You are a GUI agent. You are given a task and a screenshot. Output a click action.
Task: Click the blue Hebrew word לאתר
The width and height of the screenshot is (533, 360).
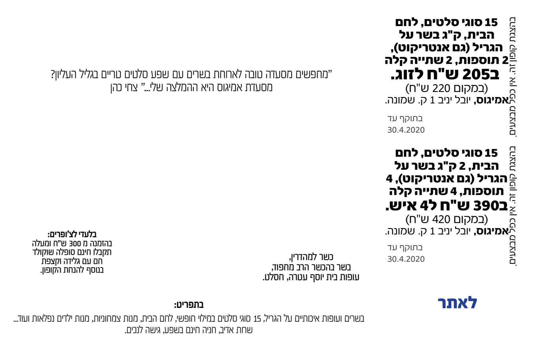457,303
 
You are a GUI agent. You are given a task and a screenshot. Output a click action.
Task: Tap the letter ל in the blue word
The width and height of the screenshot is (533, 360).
473,303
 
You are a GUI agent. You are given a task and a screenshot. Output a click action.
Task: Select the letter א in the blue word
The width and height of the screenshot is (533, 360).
463,304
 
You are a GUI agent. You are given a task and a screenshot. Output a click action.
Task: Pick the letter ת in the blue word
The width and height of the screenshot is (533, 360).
452,304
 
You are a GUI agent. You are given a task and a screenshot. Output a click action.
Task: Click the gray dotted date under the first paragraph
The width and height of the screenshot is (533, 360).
406,129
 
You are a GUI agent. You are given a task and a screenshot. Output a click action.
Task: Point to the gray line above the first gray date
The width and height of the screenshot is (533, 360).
405,118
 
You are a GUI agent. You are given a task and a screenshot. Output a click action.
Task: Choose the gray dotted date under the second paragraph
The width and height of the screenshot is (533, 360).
406,259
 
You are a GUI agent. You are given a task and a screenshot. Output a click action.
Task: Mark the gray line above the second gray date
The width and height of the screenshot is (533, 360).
405,248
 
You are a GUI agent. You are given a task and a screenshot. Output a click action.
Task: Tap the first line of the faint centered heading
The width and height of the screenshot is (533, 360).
190,73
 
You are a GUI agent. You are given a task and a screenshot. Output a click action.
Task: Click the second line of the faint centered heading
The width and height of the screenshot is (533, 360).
191,87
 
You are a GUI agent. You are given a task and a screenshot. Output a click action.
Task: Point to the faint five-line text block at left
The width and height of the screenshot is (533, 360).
72,252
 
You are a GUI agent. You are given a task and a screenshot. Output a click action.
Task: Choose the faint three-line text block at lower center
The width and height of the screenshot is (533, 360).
311,267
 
